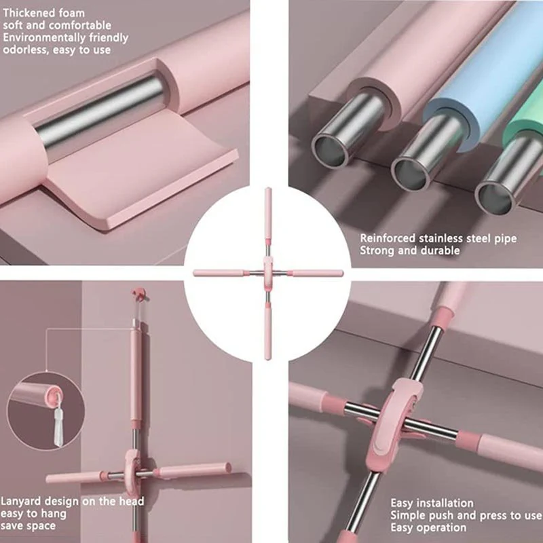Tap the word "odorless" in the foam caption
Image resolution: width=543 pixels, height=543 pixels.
pyautogui.click(x=26, y=50)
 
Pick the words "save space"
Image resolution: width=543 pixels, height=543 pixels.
pyautogui.click(x=28, y=525)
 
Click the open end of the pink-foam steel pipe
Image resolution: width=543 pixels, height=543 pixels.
pyautogui.click(x=330, y=150)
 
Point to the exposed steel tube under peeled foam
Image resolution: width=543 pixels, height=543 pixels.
pyautogui.click(x=100, y=111)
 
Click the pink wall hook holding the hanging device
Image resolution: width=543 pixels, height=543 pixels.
pyautogui.click(x=140, y=294)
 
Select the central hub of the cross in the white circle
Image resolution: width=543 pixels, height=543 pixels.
pyautogui.click(x=267, y=274)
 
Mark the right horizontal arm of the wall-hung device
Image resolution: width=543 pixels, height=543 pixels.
pyautogui.click(x=194, y=470)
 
